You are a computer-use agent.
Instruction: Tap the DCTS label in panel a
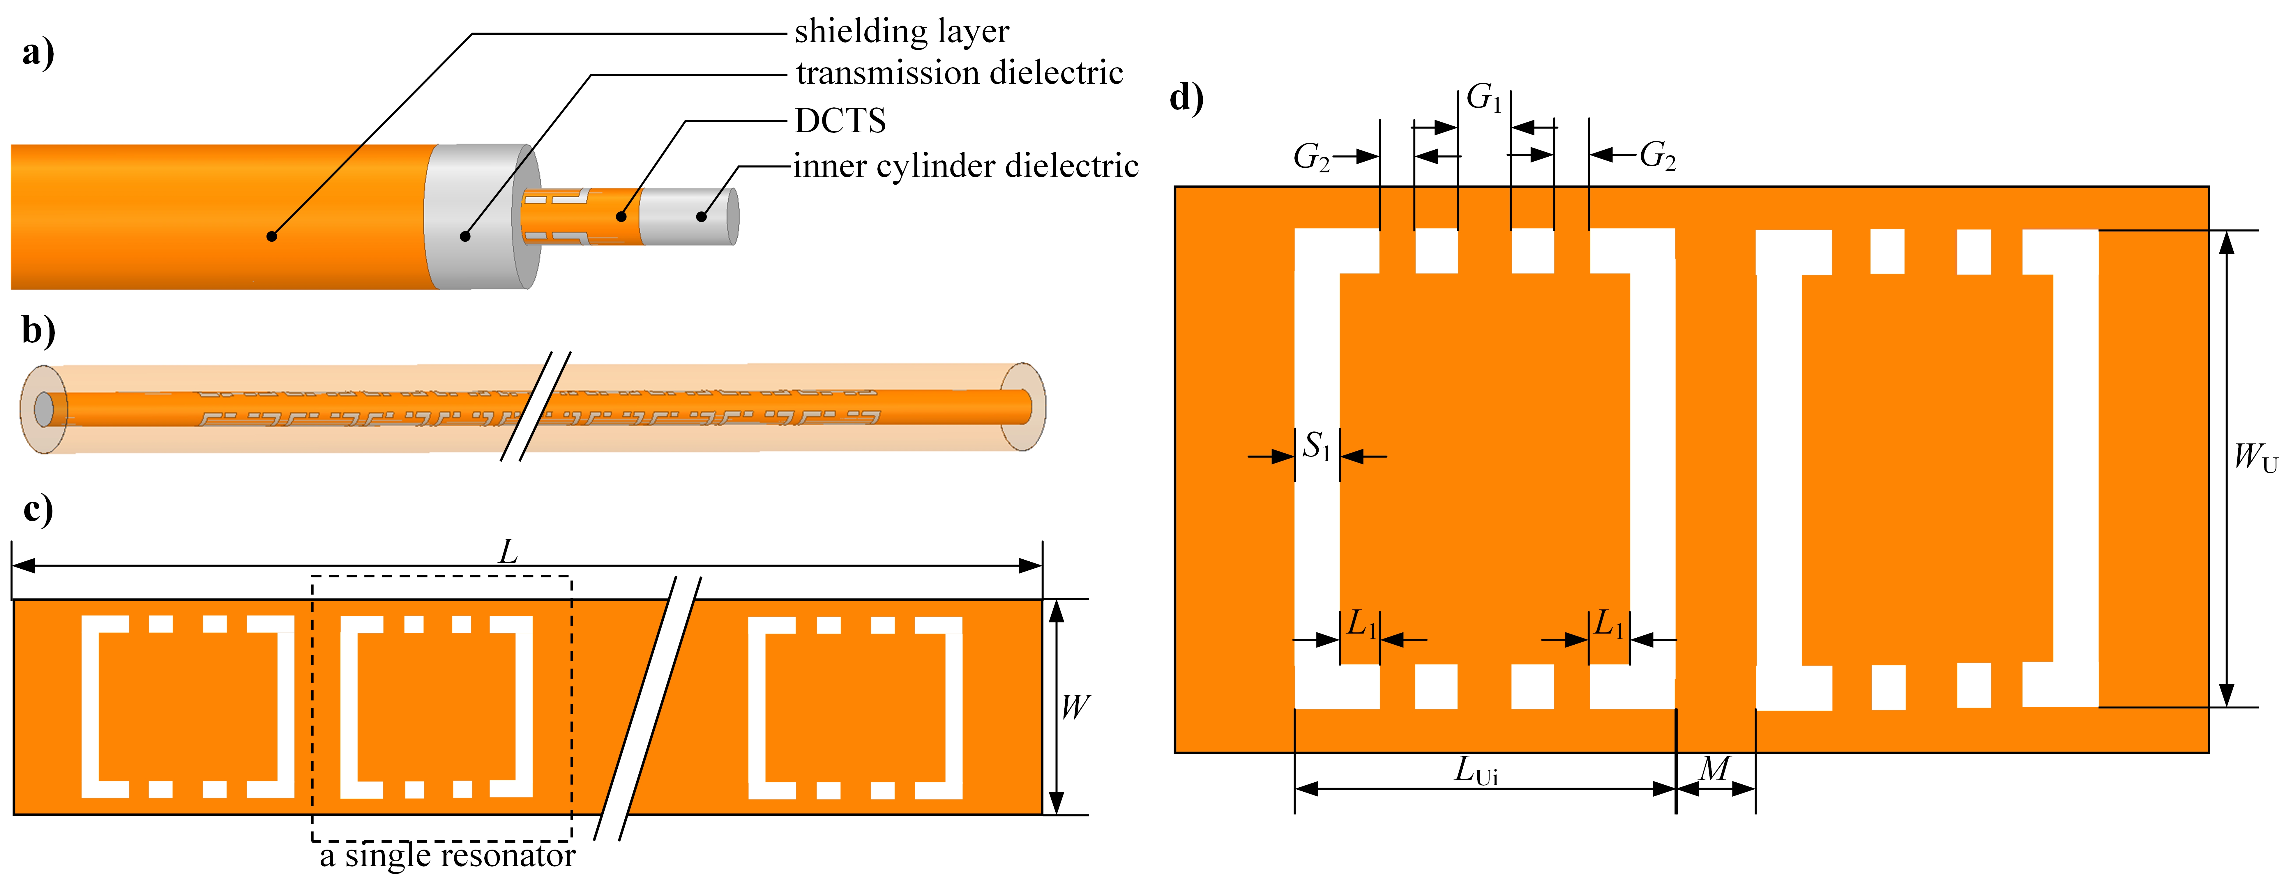coord(840,121)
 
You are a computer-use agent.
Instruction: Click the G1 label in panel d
coord(1483,98)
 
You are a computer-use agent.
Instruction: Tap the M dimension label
coord(1715,768)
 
